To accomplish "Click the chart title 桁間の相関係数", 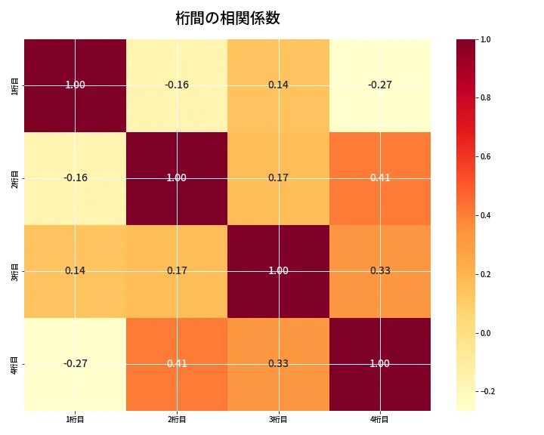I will click(227, 18).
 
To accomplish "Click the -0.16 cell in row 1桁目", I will click(177, 85).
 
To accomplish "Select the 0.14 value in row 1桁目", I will click(278, 85).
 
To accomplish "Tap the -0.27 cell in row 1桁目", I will click(379, 85).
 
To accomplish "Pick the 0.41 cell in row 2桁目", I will click(379, 178).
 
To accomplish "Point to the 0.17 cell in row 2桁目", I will click(278, 178).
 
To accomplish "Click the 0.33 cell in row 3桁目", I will click(379, 270).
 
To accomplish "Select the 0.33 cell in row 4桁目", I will click(278, 363).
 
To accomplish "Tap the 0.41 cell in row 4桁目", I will click(177, 363).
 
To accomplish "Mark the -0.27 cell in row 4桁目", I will click(76, 363).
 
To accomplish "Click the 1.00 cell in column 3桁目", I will click(278, 270).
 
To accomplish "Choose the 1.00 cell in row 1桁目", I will click(76, 85).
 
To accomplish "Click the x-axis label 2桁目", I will click(177, 419).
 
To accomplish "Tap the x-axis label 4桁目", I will click(379, 419).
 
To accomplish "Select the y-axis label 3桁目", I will click(14, 270).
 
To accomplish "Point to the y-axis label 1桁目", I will click(14, 85).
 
